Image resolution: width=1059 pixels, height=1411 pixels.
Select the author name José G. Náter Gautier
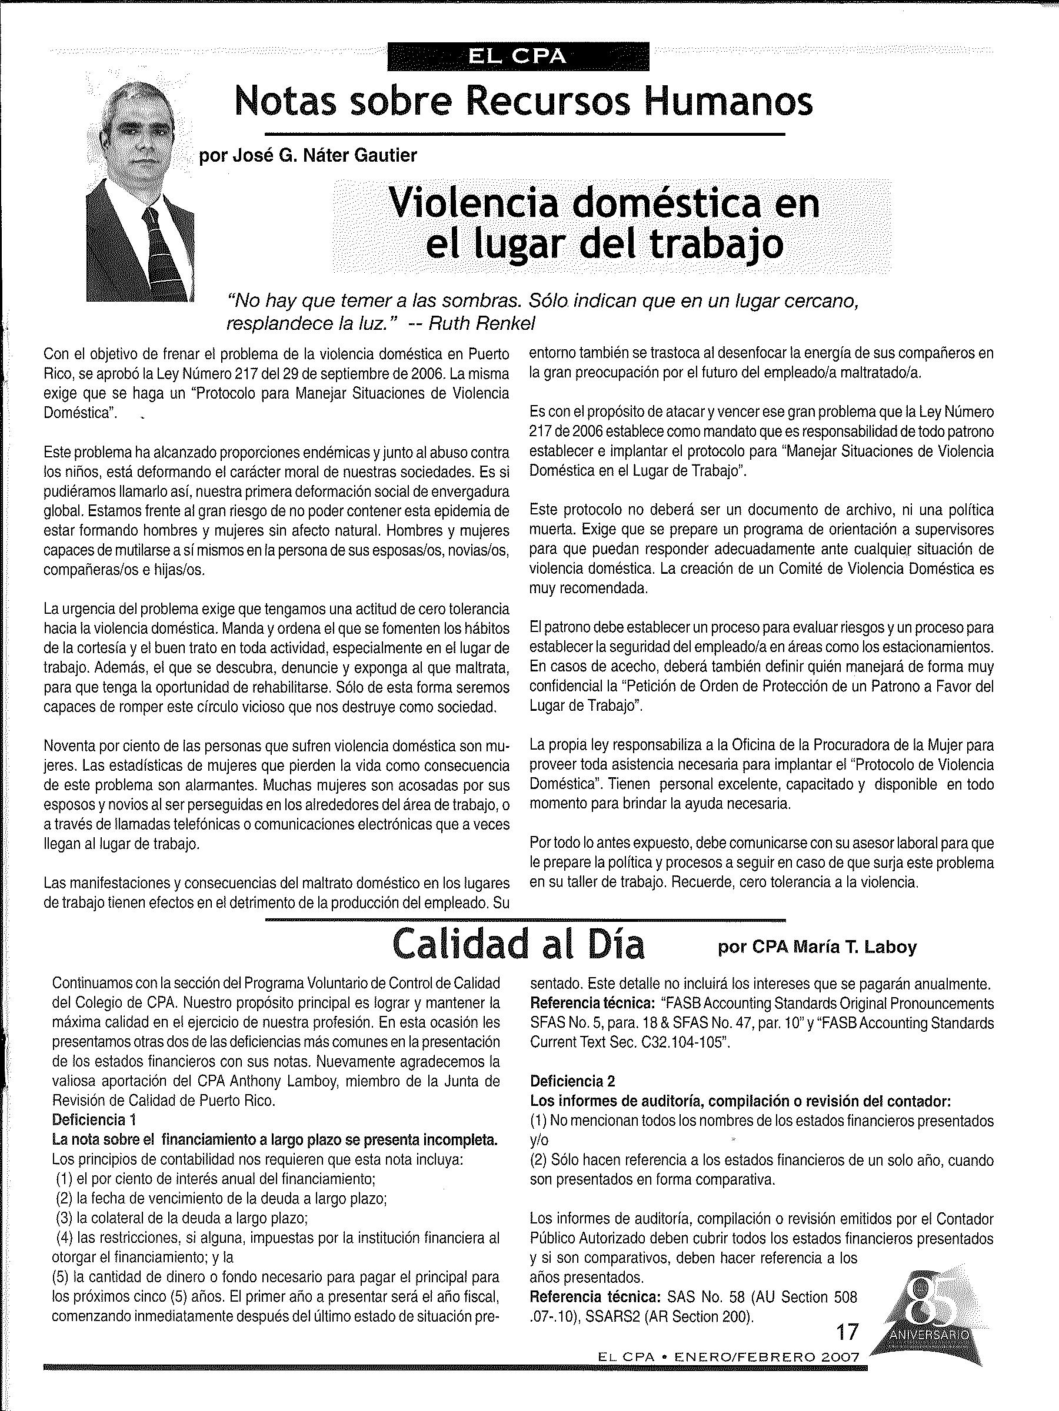click(308, 155)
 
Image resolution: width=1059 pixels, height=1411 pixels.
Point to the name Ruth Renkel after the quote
click(481, 323)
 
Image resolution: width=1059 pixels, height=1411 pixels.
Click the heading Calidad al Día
click(518, 945)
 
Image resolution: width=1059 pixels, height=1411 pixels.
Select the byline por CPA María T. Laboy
click(817, 947)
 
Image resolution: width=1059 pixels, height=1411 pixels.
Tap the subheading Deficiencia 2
click(572, 1081)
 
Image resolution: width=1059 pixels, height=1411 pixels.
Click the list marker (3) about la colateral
click(64, 1218)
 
